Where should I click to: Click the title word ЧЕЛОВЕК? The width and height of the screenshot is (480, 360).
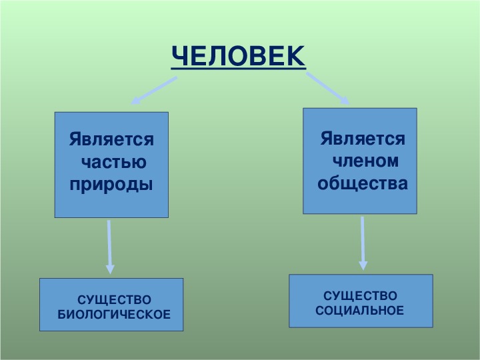pos(239,56)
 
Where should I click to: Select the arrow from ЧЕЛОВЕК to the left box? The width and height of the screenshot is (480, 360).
pos(154,91)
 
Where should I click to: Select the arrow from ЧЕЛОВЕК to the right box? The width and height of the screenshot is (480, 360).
pos(328,89)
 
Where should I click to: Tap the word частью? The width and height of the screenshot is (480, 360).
pos(114,162)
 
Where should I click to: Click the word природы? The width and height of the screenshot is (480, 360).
pos(111,185)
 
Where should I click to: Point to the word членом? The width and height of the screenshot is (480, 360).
pos(365,161)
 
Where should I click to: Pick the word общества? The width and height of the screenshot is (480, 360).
pos(363,184)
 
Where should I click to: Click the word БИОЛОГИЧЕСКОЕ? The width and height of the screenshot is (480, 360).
pos(114,315)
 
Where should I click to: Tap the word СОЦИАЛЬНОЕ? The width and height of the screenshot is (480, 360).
pos(360,311)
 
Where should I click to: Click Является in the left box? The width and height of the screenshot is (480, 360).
pos(111,139)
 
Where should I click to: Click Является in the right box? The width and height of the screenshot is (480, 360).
pos(363,139)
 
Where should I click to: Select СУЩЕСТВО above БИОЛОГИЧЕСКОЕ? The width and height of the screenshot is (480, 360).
pos(114,300)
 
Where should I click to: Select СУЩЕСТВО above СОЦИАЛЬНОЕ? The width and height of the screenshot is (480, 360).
pos(360,296)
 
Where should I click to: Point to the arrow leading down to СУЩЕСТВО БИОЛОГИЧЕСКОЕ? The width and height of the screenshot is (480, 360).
pos(109,247)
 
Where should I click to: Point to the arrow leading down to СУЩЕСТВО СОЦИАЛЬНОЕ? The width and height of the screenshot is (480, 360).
pos(363,243)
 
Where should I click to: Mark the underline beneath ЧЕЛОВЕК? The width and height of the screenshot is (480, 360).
pos(239,68)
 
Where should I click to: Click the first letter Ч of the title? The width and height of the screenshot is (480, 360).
pos(179,56)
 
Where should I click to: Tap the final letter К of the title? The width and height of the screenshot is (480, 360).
pos(296,56)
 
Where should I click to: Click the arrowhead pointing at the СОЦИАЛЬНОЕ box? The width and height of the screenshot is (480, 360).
pos(363,265)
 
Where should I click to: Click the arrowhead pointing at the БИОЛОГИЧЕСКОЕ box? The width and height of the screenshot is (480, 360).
pos(110,269)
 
